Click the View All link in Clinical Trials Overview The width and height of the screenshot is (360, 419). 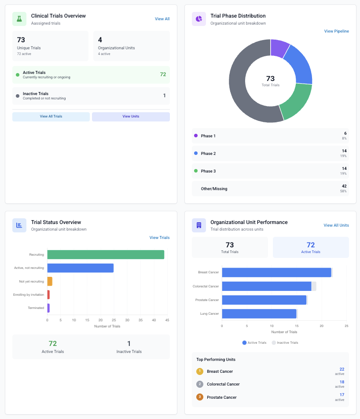tap(162, 19)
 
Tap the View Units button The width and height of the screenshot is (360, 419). tap(131, 117)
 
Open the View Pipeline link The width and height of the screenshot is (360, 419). tap(336, 31)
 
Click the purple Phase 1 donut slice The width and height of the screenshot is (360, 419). tap(279, 48)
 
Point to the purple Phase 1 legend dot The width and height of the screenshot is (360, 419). tap(196, 136)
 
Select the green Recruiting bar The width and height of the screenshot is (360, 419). tap(106, 255)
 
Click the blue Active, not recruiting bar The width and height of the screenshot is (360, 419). tap(80, 268)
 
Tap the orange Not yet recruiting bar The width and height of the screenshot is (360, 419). tap(50, 281)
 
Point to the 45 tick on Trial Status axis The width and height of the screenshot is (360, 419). tap(167, 320)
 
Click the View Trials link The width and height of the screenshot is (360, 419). tap(159, 238)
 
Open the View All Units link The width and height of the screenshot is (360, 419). tap(336, 225)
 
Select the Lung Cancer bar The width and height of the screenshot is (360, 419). tap(259, 314)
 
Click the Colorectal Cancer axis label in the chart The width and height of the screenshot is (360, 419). tap(206, 287)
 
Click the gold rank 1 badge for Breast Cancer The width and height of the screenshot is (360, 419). tap(200, 371)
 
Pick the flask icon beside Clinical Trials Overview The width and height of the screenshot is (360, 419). tap(19, 19)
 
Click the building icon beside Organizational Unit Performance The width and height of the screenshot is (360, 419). tap(199, 225)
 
